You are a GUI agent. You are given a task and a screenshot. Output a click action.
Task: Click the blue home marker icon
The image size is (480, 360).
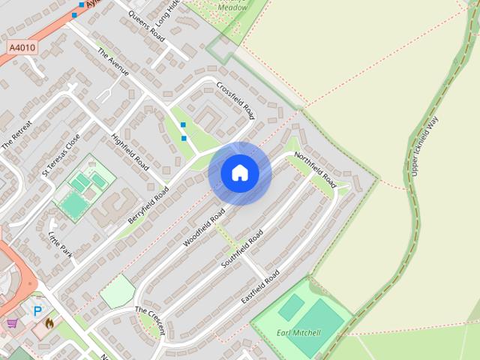[240, 172]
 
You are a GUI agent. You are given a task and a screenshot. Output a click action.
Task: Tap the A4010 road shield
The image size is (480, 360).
[22, 46]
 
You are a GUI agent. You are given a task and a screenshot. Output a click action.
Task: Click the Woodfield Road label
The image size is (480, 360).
[204, 228]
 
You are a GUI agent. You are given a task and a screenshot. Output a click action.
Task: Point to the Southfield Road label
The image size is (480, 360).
[243, 250]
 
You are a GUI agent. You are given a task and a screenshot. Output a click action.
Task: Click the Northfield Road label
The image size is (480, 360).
[314, 170]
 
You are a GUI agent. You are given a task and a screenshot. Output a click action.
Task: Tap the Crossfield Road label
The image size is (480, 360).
[235, 100]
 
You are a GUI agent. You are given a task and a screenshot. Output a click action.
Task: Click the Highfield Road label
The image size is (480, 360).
[130, 149]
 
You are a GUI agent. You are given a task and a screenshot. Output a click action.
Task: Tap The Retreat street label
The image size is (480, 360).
[17, 133]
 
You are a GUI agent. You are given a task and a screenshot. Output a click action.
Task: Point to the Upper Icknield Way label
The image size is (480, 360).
[424, 146]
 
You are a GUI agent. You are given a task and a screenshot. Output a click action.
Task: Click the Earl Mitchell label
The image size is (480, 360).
[298, 333]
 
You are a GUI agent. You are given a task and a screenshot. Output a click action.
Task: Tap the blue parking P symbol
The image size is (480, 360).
[37, 310]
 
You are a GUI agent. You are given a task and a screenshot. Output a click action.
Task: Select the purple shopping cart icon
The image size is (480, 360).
[13, 324]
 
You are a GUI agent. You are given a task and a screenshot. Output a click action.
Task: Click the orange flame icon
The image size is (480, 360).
[49, 323]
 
